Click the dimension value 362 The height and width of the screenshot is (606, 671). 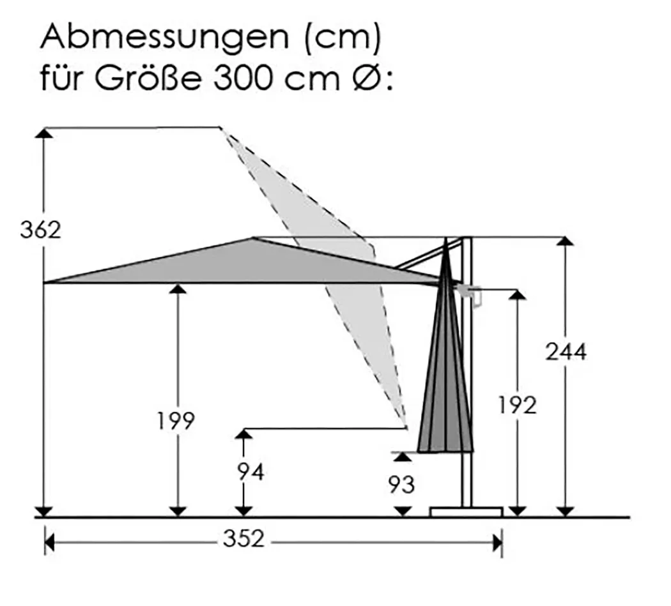(41, 230)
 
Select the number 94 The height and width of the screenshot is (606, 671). (251, 472)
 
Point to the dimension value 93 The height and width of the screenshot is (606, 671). (401, 485)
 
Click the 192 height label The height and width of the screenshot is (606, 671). (518, 405)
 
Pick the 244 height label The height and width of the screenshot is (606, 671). (566, 352)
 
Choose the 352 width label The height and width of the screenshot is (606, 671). (243, 539)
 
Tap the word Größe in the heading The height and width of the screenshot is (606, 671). (147, 79)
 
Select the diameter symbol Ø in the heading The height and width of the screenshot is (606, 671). (366, 79)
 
